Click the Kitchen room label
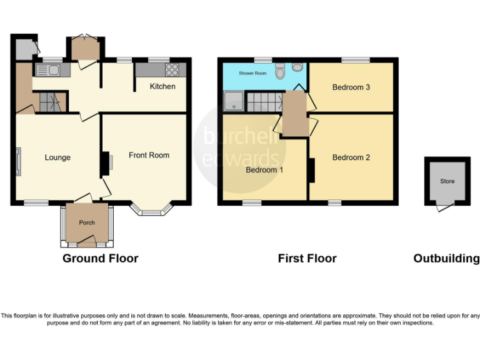tap(162, 86)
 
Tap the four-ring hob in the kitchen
tap(172, 70)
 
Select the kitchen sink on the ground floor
tap(48, 70)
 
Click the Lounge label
tap(57, 157)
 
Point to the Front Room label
tap(149, 155)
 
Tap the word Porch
tap(86, 222)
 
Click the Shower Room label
tap(252, 73)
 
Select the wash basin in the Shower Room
tap(297, 67)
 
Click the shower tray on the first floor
tap(234, 101)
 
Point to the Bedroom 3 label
tap(351, 87)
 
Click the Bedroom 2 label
tap(351, 157)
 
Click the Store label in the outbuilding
tap(447, 181)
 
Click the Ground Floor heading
tap(100, 258)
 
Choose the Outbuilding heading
tap(446, 258)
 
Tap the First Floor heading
tap(307, 258)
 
